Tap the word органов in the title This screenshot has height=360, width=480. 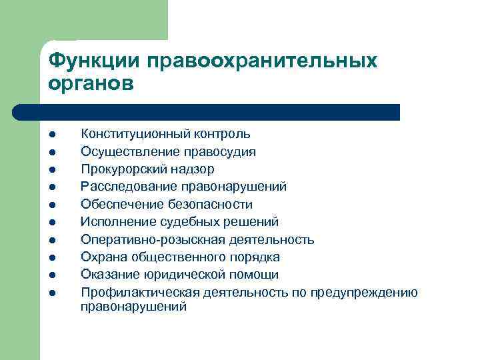[91, 85]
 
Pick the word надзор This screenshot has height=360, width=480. [189, 169]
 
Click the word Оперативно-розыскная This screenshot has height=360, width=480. [142, 239]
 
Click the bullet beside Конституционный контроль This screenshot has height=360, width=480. [51, 135]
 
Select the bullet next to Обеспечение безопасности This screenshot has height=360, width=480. [51, 205]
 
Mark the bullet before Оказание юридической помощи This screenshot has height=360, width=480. [51, 275]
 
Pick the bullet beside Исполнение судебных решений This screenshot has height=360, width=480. [51, 222]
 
